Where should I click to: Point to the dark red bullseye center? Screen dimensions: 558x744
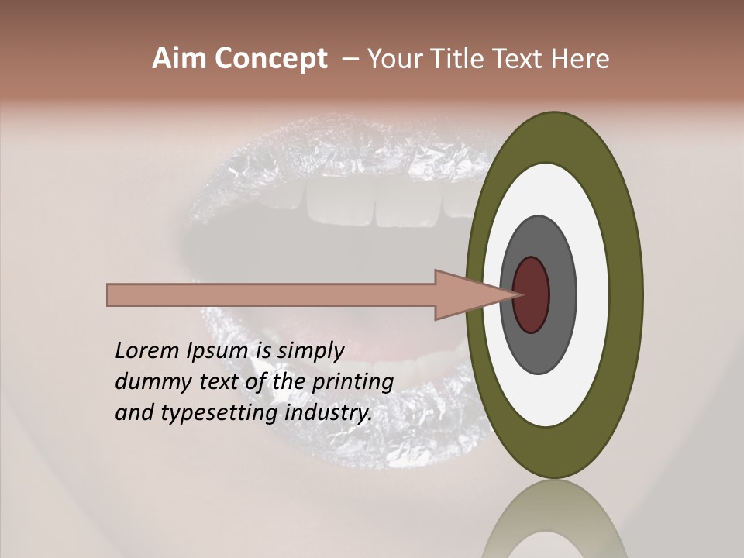click(532, 294)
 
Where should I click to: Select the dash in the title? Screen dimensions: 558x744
click(350, 60)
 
